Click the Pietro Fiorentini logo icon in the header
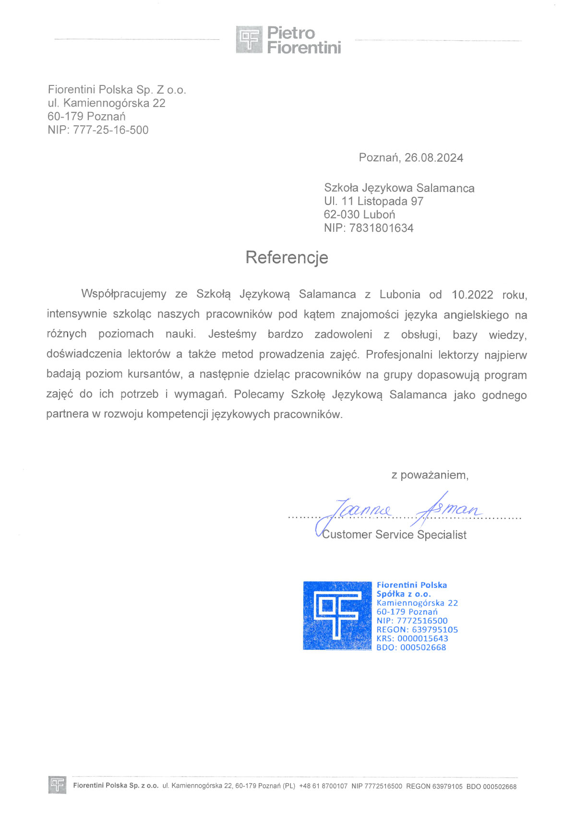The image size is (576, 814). pyautogui.click(x=249, y=39)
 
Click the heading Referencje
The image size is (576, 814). pyautogui.click(x=287, y=257)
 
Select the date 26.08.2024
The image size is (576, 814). pyautogui.click(x=433, y=158)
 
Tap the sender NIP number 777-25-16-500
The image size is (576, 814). pyautogui.click(x=111, y=130)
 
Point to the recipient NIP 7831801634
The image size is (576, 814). pyautogui.click(x=381, y=228)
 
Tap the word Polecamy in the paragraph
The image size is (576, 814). pyautogui.click(x=259, y=395)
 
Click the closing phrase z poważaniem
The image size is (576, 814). pyautogui.click(x=430, y=475)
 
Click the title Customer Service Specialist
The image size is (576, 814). pyautogui.click(x=394, y=535)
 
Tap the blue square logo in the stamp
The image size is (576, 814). pyautogui.click(x=337, y=615)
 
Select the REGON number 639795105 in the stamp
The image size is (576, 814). pyautogui.click(x=434, y=630)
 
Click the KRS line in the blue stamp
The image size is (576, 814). pyautogui.click(x=412, y=639)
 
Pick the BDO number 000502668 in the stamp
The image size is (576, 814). pyautogui.click(x=423, y=647)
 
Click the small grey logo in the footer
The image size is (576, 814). pyautogui.click(x=57, y=785)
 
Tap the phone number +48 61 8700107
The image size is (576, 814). pyautogui.click(x=323, y=786)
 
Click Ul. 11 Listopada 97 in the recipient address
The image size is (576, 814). pyautogui.click(x=373, y=201)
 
